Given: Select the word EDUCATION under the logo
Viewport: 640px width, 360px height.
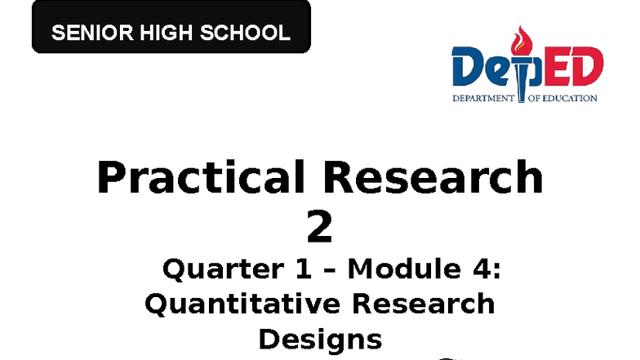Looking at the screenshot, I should pyautogui.click(x=571, y=99).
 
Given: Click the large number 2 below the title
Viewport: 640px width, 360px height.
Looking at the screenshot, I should pyautogui.click(x=319, y=229).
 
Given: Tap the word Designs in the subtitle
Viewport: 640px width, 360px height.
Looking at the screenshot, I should pyautogui.click(x=320, y=339).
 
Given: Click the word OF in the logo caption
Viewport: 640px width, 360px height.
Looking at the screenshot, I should pyautogui.click(x=527, y=99).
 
